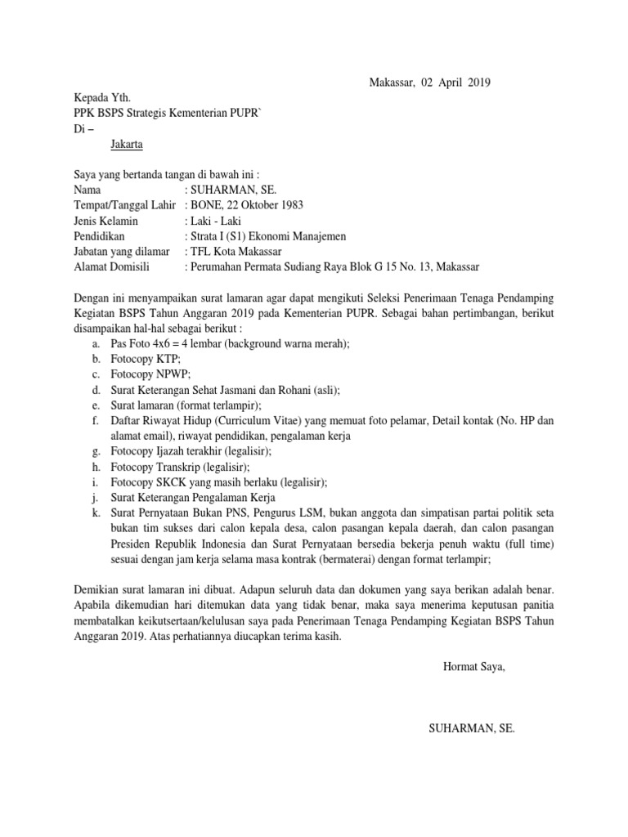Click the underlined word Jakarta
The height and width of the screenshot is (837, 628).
click(126, 145)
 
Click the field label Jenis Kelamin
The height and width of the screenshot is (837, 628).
click(105, 221)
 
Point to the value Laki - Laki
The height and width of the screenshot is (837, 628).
click(217, 221)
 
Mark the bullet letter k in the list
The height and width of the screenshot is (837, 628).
click(96, 513)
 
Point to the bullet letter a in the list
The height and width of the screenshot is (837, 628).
click(96, 343)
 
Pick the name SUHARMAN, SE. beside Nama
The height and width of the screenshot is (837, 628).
click(233, 190)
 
